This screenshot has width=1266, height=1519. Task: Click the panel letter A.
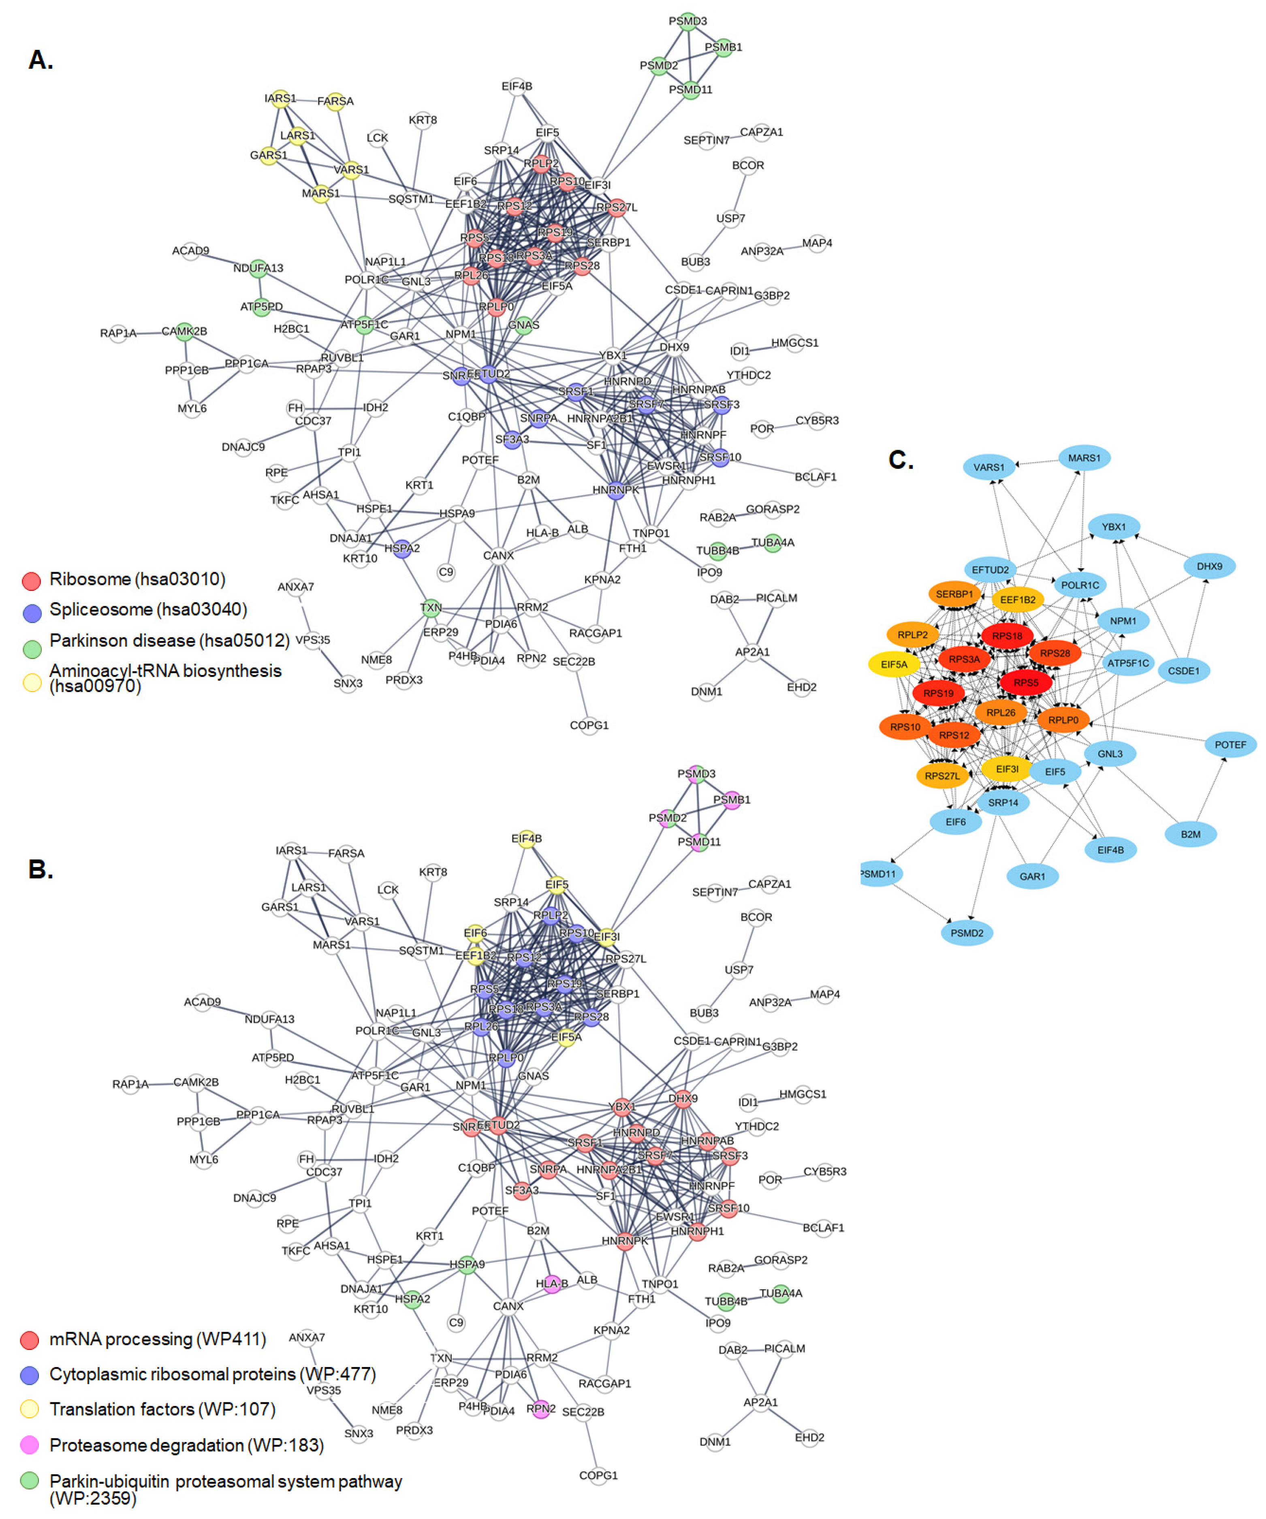point(41,59)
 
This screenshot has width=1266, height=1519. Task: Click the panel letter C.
point(901,459)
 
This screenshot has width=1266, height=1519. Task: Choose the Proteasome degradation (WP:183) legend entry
point(186,1445)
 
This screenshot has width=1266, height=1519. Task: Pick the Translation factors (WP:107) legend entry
point(162,1409)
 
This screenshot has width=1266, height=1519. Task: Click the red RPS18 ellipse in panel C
point(1007,636)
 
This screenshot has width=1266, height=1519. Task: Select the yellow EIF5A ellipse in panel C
point(894,664)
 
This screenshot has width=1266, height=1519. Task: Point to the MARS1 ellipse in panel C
point(1084,458)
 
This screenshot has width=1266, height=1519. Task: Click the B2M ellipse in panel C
point(1190,834)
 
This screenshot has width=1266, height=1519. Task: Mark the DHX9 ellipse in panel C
point(1209,566)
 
